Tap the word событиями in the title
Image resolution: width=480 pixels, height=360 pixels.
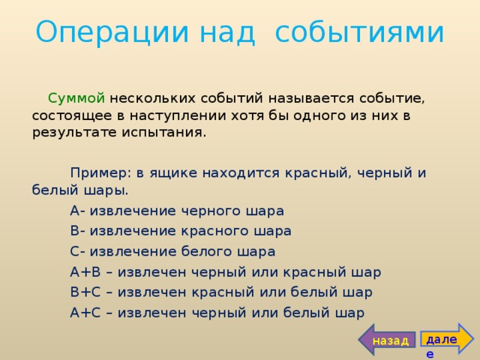coord(359,32)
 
